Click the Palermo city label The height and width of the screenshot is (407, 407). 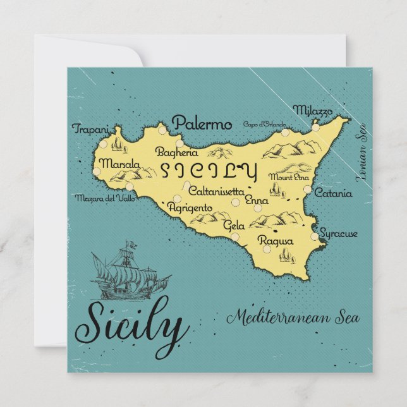coord(202,123)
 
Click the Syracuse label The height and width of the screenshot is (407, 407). coord(338,234)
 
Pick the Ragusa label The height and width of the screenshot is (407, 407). coord(276,241)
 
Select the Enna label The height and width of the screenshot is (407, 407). coord(256,200)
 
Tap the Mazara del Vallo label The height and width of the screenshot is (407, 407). coord(105,198)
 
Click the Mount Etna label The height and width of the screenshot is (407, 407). coord(284,177)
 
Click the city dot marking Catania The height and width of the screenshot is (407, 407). coord(308,189)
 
